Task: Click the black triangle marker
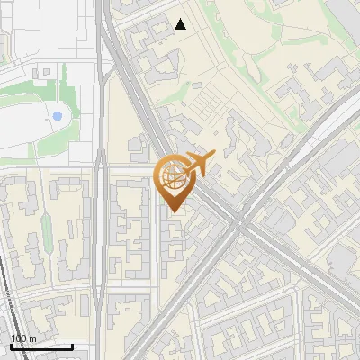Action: (x=181, y=24)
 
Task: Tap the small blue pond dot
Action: (x=57, y=116)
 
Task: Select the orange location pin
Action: (x=172, y=183)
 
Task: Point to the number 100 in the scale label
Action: (x=18, y=338)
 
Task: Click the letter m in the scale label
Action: (x=31, y=338)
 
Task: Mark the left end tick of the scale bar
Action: (x=10, y=345)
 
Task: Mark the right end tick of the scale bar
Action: (x=72, y=345)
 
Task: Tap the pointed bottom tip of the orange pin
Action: (x=172, y=212)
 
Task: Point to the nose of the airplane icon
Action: (x=214, y=157)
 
